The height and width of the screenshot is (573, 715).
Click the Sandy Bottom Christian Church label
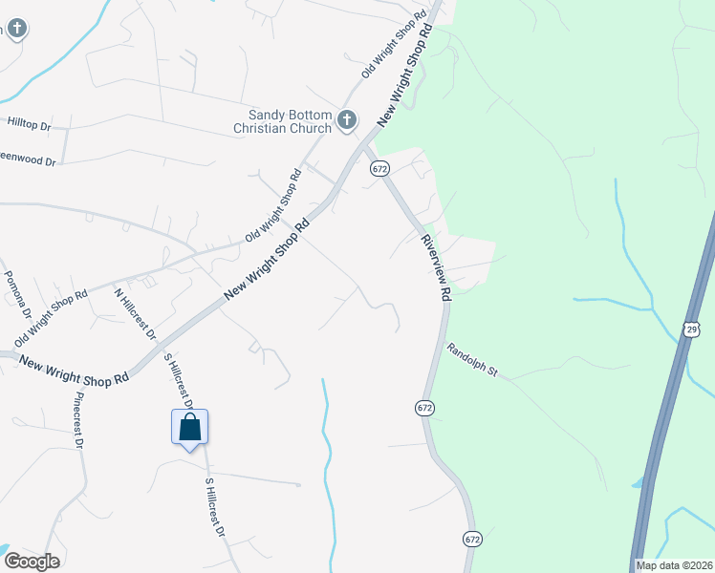[285, 121]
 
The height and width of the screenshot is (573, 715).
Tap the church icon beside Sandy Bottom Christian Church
[346, 121]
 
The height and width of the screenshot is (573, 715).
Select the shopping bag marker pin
[189, 427]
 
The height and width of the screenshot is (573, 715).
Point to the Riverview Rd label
[435, 269]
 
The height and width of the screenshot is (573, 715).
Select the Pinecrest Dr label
[78, 421]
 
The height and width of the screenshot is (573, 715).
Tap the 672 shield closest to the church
[379, 168]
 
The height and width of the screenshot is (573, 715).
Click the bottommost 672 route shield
[471, 540]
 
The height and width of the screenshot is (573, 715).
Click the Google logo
[31, 562]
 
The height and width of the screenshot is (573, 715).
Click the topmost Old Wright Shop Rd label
[393, 45]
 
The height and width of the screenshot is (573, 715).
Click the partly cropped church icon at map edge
[13, 28]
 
